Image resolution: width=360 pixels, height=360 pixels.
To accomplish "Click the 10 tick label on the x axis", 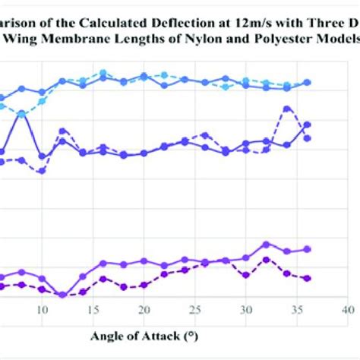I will coord(42,310).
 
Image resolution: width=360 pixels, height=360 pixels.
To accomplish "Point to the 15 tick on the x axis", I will coord(93,310).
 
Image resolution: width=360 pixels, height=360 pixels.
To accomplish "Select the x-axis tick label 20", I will coord(144,310).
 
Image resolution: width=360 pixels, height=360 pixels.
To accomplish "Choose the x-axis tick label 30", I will coord(245,310).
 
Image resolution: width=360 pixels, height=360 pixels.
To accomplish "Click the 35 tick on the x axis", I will coord(296,310).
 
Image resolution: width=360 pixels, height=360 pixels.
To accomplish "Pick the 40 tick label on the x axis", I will coord(347,310).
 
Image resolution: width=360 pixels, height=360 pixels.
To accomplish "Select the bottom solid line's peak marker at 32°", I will coord(266,245).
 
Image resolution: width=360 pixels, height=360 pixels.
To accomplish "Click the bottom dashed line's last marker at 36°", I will coord(307,279).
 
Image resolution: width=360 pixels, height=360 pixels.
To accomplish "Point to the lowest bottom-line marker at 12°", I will coord(62,295).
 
